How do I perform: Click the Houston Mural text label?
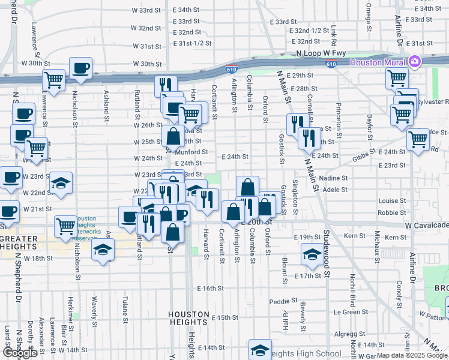(x=376, y=62)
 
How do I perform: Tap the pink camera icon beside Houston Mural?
(x=414, y=62)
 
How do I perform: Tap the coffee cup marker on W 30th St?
(x=80, y=68)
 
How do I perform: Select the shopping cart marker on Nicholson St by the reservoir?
(x=65, y=226)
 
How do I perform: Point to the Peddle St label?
(x=284, y=301)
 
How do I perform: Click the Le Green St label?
(x=351, y=312)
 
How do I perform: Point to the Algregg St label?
(x=346, y=333)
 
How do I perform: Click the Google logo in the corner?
(x=20, y=353)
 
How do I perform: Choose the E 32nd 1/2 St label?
(x=309, y=31)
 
